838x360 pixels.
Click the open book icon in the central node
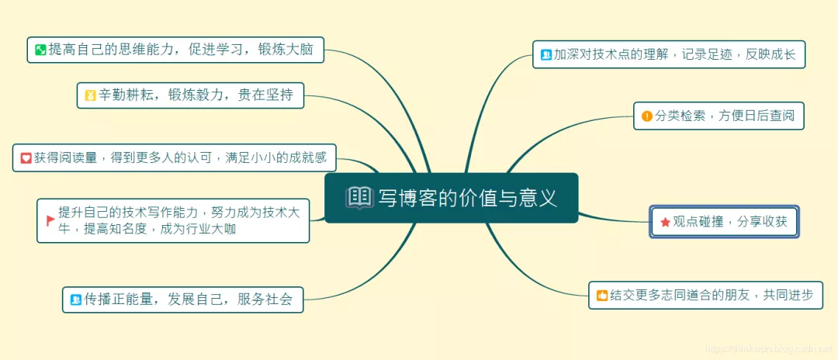point(359,198)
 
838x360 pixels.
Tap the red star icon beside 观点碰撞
point(665,222)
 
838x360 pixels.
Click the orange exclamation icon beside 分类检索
point(647,116)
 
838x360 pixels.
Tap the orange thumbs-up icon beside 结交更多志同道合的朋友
point(601,295)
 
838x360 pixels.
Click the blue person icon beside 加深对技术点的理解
point(546,54)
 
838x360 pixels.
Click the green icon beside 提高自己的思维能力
point(40,50)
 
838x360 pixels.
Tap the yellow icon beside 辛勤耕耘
point(91,95)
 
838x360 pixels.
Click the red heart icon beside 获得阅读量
point(26,157)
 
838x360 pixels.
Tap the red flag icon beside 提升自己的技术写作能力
point(50,220)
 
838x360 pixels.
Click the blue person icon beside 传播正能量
point(76,299)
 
